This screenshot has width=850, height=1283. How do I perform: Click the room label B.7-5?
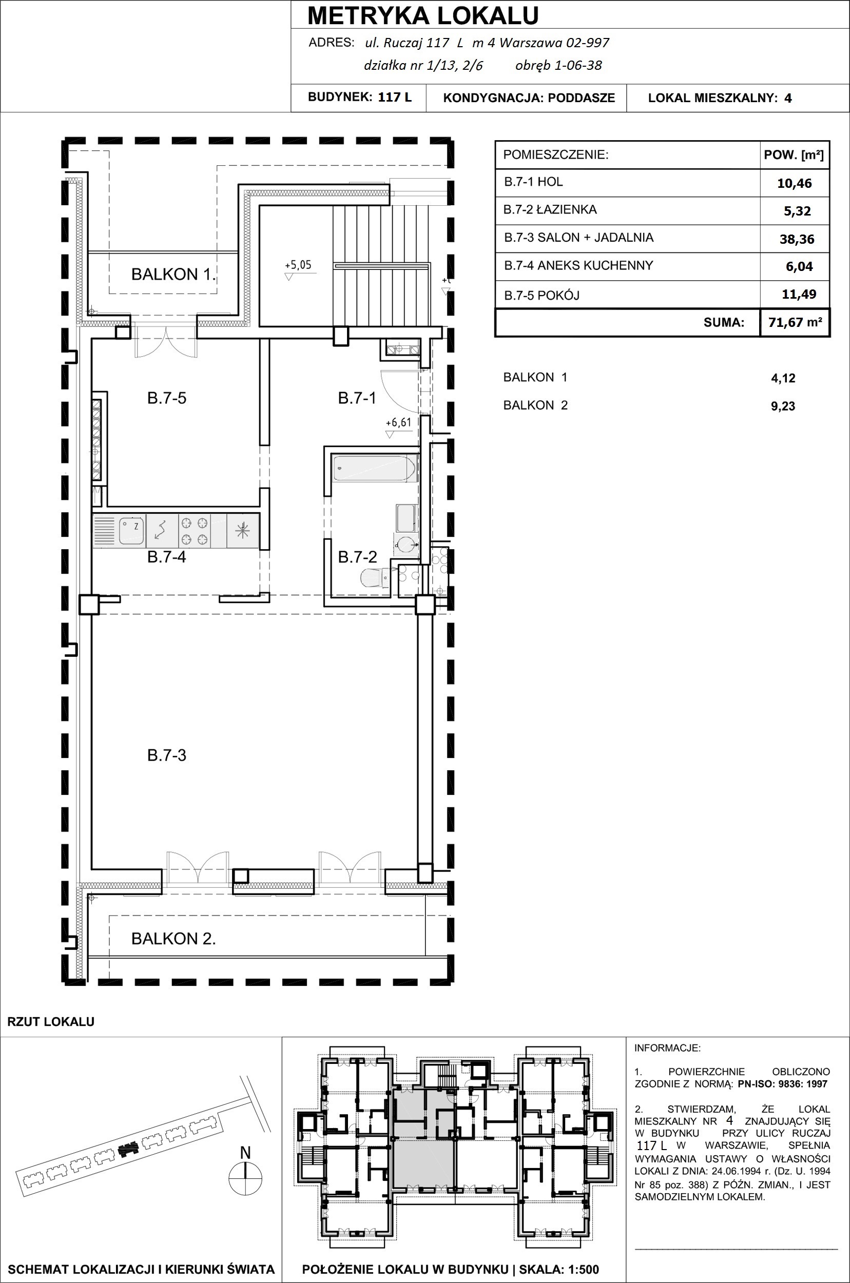(166, 398)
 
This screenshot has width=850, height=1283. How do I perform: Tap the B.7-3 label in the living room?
(166, 755)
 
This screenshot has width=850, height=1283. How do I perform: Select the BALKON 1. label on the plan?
(173, 274)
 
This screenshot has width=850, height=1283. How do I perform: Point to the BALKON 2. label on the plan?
(173, 938)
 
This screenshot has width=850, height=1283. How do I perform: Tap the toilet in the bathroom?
(375, 578)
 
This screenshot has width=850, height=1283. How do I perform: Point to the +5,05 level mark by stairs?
(298, 270)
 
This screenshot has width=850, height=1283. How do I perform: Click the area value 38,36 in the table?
(797, 239)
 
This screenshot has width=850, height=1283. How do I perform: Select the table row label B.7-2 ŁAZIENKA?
(550, 210)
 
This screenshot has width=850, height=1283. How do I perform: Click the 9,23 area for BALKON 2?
(783, 406)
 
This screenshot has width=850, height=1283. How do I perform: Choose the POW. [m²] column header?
(794, 155)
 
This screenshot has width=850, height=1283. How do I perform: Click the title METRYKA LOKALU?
(423, 16)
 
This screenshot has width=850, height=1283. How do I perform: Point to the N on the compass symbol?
(245, 1153)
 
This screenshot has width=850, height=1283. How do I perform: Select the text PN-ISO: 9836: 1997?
(783, 1084)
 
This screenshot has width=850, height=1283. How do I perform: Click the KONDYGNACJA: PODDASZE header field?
(529, 98)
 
